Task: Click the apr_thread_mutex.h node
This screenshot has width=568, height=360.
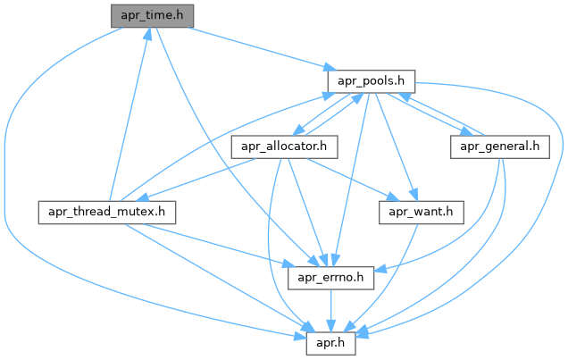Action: click(x=106, y=213)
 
